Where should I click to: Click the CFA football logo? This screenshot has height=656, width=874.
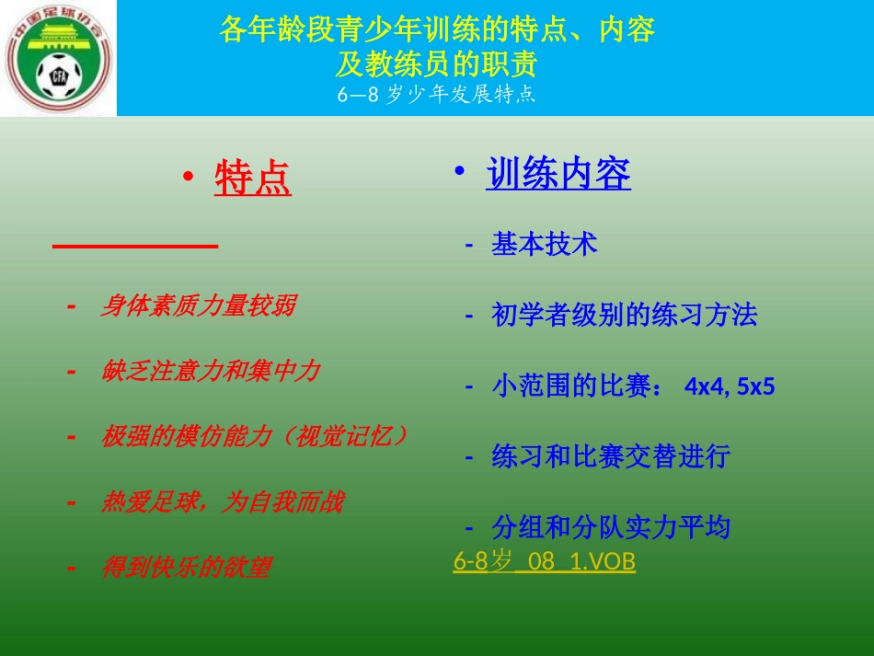[x=58, y=59]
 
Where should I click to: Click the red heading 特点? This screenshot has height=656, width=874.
[x=253, y=179]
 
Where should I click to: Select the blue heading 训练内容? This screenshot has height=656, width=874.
[x=558, y=174]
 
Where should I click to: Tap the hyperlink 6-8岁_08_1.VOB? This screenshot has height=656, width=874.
[x=544, y=560]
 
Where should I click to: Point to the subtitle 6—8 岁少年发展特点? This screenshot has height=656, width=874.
[x=436, y=95]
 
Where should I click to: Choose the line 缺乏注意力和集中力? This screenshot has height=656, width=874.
[x=210, y=372]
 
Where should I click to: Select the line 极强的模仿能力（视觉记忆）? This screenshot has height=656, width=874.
[x=254, y=436]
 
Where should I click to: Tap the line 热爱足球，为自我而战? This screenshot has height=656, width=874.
[x=222, y=502]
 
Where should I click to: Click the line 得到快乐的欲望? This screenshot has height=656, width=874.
[x=186, y=568]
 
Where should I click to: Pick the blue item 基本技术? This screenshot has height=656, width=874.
[x=545, y=244]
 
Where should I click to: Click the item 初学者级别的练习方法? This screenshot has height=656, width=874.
[x=625, y=316]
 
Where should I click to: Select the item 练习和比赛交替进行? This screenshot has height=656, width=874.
[x=611, y=456]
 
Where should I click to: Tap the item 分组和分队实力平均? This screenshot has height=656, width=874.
[x=611, y=527]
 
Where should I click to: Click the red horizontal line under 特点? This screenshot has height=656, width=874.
[x=135, y=247]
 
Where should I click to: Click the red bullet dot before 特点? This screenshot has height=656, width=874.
[x=188, y=178]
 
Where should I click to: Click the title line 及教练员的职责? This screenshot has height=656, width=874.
[x=436, y=64]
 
